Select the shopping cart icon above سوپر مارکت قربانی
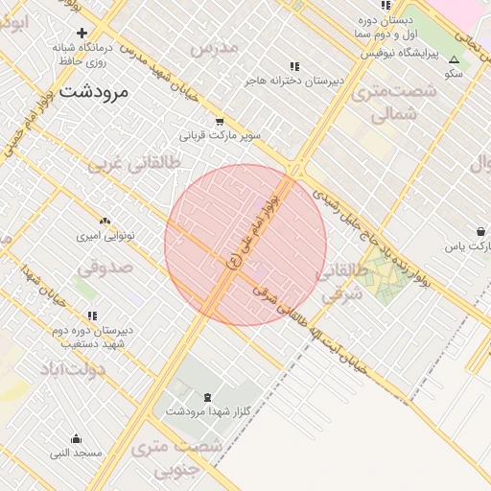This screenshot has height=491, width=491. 220,122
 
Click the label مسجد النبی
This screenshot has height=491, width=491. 76,453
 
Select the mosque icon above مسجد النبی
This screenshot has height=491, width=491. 77,439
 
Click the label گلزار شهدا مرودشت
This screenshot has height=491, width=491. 207,411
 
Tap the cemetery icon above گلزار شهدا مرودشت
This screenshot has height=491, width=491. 208,397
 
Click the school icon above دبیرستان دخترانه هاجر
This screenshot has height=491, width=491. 293,67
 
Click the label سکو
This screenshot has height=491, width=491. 454,73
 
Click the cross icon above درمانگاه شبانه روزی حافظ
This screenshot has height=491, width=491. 82,33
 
